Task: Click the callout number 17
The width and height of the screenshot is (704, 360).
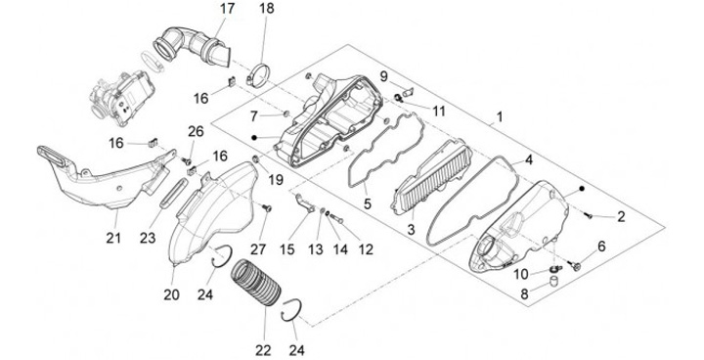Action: (x=227, y=9)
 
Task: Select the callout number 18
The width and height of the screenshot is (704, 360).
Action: (x=266, y=9)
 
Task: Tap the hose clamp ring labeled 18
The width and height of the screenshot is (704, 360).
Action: (x=259, y=74)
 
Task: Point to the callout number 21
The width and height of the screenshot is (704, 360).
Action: (x=113, y=238)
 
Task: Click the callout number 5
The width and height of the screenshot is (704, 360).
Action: (x=368, y=204)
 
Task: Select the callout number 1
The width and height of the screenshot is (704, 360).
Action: (x=499, y=118)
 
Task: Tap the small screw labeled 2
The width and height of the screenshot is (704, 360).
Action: (x=589, y=216)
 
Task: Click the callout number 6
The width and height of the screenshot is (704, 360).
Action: (x=601, y=247)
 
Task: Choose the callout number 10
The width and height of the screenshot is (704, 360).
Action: (x=521, y=274)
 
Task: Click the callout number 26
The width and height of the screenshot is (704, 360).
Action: (x=196, y=132)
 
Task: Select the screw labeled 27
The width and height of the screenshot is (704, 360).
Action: (x=267, y=208)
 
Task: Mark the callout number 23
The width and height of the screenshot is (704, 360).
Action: (x=148, y=238)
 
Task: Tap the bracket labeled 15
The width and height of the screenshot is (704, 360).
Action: (x=305, y=203)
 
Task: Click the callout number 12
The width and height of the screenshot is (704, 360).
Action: (x=367, y=249)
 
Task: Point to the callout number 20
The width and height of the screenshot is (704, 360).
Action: (x=171, y=294)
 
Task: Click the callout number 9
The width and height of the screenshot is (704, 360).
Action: (x=384, y=76)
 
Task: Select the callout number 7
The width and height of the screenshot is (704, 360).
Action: (x=254, y=116)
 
